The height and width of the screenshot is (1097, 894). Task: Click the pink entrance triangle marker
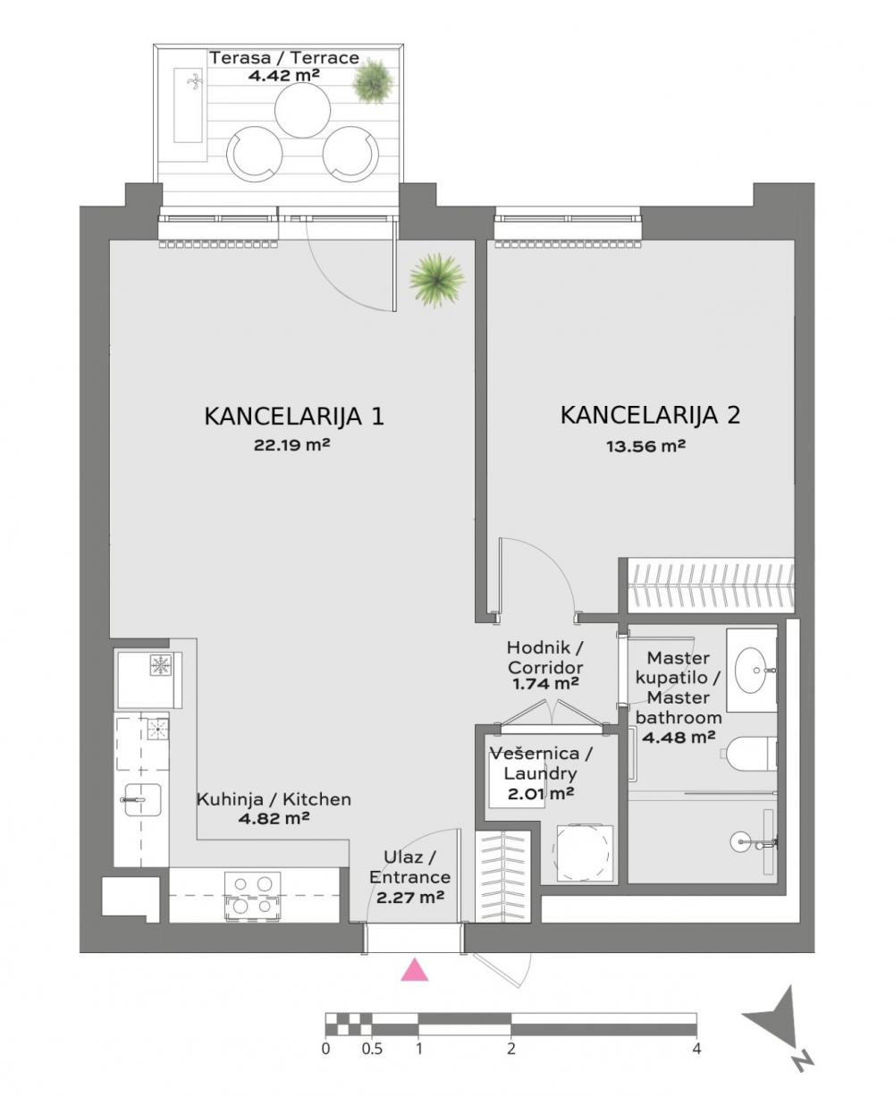(x=414, y=970)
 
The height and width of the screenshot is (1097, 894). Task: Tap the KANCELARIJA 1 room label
(x=294, y=417)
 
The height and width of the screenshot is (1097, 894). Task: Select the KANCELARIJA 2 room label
(x=650, y=416)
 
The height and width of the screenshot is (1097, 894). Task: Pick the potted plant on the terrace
(x=373, y=82)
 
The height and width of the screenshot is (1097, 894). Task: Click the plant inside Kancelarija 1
(x=437, y=279)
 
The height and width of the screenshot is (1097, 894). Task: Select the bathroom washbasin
(x=752, y=665)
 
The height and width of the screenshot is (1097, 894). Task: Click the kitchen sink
(x=139, y=797)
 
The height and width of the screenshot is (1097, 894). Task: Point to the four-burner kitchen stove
(x=252, y=895)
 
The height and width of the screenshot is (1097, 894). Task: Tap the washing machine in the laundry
(x=586, y=851)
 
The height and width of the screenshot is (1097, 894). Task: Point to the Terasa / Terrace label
(x=284, y=58)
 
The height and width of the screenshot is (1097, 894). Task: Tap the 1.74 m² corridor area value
(x=545, y=684)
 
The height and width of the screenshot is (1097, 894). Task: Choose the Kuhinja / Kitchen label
(x=274, y=799)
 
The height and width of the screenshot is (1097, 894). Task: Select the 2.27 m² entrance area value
(x=410, y=897)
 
